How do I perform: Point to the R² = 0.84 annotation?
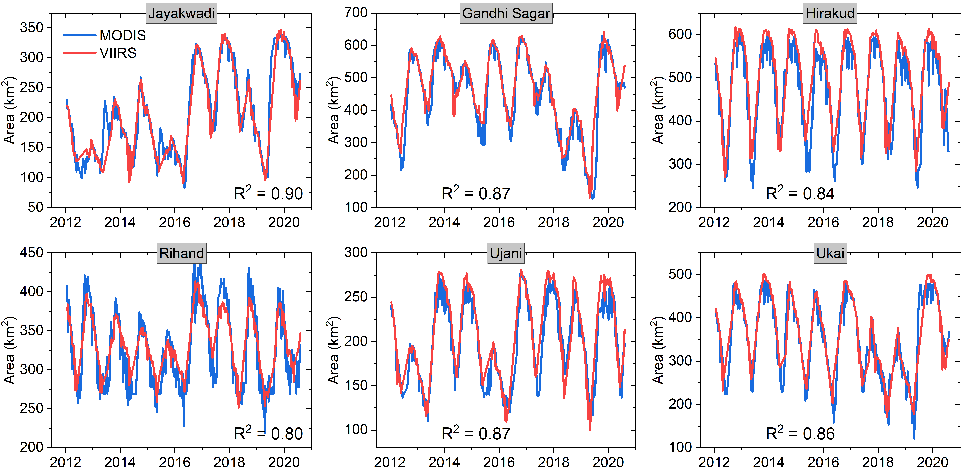[x=800, y=193]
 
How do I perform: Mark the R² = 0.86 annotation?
[x=800, y=433]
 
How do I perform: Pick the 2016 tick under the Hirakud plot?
[x=823, y=222]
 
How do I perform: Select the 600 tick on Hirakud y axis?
[x=680, y=34]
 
